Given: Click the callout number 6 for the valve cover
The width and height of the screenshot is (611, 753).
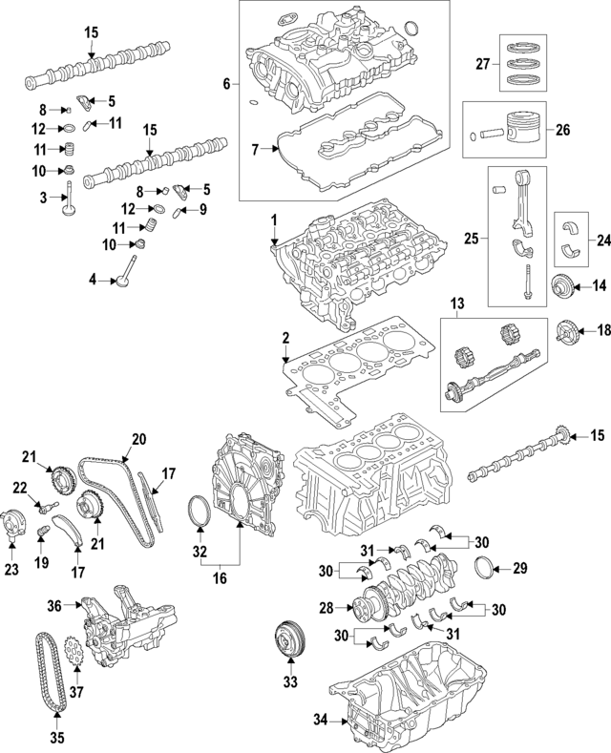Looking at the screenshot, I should (x=226, y=84).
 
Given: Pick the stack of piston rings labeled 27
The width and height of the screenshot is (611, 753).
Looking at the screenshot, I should (x=522, y=65).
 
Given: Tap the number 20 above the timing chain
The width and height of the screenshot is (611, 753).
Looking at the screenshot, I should (x=138, y=440).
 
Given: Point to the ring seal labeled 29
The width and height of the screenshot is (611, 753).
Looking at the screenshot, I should (x=486, y=569).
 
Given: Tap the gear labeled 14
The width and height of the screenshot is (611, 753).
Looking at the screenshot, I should (x=565, y=285).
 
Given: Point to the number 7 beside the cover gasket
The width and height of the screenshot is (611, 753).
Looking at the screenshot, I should (x=255, y=151).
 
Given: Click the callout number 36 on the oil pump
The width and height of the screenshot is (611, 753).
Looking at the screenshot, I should (x=54, y=605).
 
